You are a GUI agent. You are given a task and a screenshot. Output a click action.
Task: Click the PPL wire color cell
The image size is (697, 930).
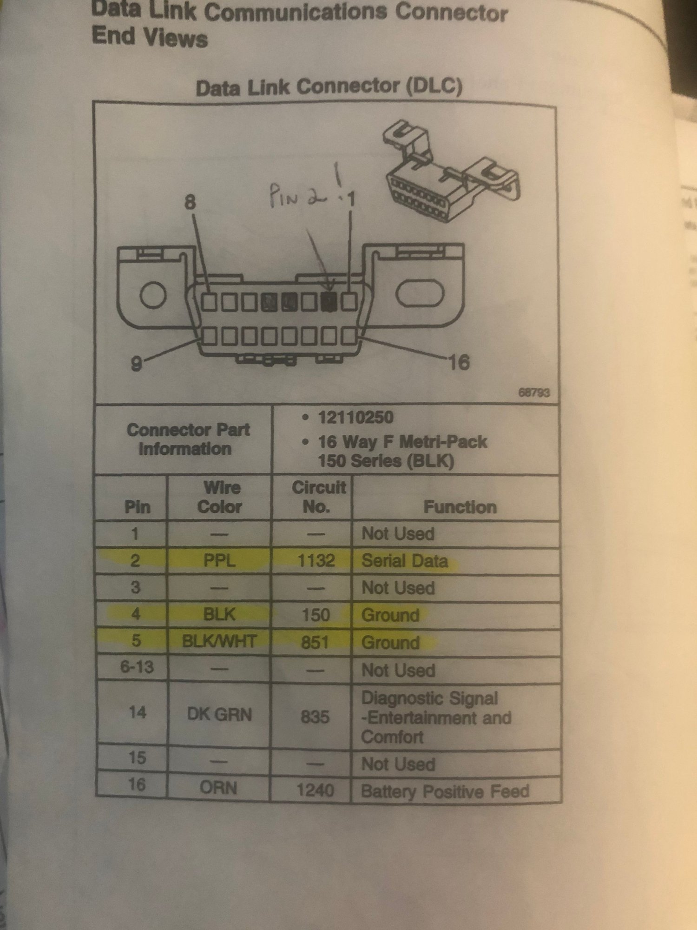[219, 561]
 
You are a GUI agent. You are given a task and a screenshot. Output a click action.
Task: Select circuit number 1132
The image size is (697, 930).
[316, 561]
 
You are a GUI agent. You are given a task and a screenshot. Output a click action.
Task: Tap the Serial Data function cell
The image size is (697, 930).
[404, 561]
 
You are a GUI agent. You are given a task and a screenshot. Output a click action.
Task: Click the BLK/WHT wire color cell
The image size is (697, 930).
[219, 642]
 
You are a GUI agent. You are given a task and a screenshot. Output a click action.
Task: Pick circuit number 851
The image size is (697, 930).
[315, 642]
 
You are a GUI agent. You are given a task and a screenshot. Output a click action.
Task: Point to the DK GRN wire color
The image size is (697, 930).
[219, 714]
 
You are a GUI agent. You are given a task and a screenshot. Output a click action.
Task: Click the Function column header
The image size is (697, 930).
[460, 507]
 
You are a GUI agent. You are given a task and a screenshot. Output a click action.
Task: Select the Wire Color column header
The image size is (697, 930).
[220, 497]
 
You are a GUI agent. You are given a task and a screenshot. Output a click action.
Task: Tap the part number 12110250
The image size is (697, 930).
[355, 417]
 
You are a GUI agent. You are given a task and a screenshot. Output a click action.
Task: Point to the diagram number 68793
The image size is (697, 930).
[534, 393]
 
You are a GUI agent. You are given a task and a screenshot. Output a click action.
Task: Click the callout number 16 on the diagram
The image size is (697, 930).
[459, 362]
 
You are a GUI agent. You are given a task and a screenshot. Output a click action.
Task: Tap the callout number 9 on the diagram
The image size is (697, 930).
[136, 363]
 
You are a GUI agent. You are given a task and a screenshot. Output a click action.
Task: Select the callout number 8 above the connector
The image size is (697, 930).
[191, 202]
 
